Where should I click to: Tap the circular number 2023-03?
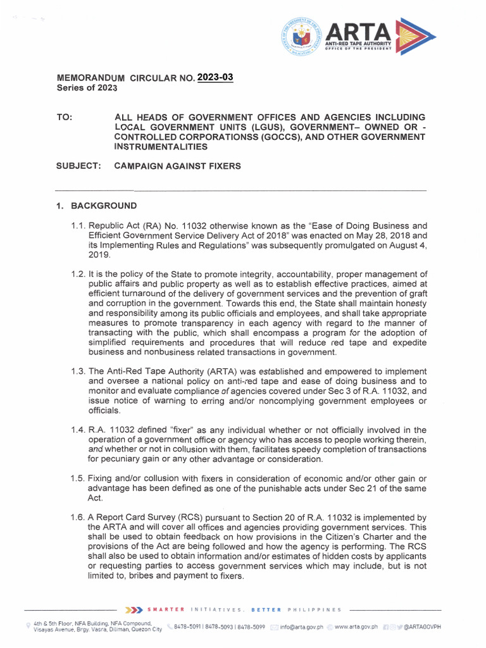point(215,77)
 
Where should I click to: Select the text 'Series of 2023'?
point(87,88)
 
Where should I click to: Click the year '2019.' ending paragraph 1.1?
point(100,254)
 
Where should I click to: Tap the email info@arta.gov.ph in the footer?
point(301,627)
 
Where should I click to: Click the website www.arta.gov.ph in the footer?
point(356,627)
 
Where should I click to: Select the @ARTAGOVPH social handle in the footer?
point(421,627)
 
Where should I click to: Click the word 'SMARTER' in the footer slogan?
point(166,610)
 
